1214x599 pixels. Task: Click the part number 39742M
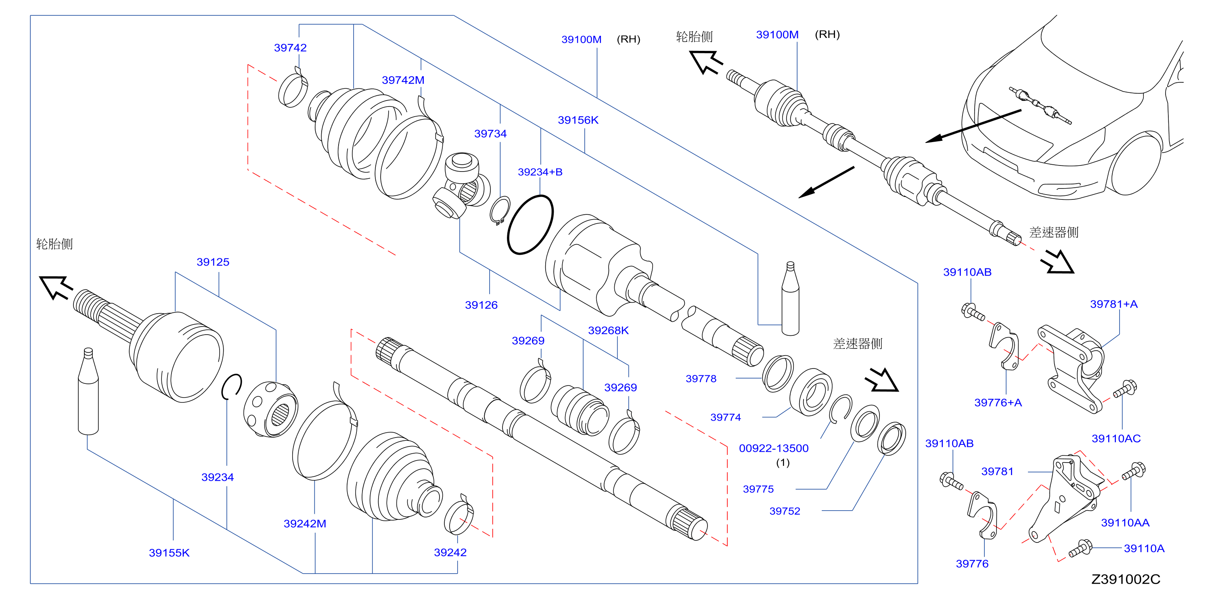pos(403,80)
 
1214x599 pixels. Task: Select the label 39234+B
pos(540,172)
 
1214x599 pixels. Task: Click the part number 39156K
pos(578,120)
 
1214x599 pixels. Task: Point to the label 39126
pos(481,305)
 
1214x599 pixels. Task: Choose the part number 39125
pos(213,262)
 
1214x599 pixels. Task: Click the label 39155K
pos(169,553)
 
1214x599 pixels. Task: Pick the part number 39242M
pos(305,524)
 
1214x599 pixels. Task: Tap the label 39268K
pos(609,330)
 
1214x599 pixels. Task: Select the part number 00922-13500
pos(774,448)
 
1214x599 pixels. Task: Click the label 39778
pos(701,379)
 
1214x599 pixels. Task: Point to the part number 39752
pos(785,511)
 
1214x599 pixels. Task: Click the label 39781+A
pos(1114,304)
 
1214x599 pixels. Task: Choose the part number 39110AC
pos(1116,438)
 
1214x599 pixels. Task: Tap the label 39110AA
pos(1125,523)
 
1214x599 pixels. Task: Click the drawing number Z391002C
pos(1126,579)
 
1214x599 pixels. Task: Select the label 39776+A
pos(998,402)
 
